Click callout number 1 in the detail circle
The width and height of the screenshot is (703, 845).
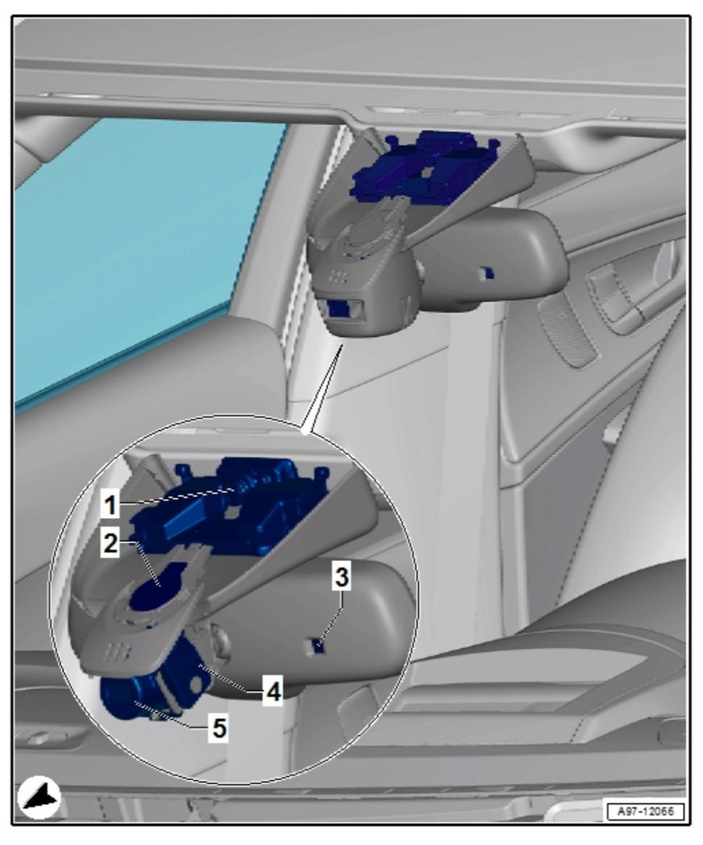point(110,505)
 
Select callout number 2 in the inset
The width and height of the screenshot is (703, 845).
point(110,543)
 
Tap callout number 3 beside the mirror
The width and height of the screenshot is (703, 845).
point(342,577)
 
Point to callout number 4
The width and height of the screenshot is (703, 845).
point(273,692)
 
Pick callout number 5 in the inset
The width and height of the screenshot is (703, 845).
point(219,728)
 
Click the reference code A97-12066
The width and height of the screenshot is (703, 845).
point(645,811)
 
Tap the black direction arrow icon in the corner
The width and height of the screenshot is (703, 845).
point(39,797)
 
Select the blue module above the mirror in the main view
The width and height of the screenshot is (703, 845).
point(425,167)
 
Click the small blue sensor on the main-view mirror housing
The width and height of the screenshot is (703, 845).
point(487,273)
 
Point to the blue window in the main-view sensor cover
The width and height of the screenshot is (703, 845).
point(339,309)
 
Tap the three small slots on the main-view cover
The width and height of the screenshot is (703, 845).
point(338,276)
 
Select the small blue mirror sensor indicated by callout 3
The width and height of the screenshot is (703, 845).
point(319,645)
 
